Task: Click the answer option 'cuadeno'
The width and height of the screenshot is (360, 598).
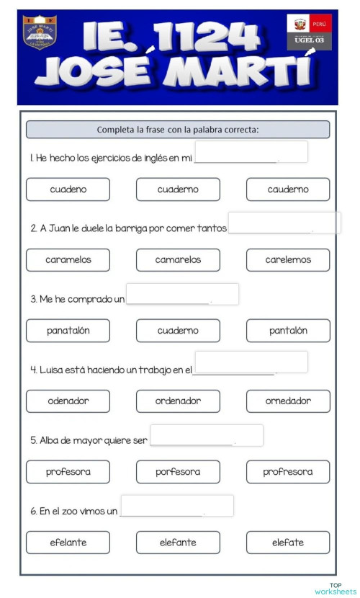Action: [x=68, y=189]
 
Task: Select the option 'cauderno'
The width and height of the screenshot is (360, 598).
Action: [x=288, y=189]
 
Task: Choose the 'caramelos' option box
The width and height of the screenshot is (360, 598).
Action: [x=68, y=260]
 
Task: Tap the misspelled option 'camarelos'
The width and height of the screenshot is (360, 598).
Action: [x=178, y=260]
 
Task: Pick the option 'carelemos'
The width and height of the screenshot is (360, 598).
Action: [x=288, y=260]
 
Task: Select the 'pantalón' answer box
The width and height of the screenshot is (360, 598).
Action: [x=288, y=331]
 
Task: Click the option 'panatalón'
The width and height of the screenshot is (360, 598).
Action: [x=68, y=331]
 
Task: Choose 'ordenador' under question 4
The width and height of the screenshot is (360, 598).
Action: [x=178, y=401]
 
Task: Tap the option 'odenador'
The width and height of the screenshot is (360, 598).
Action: [x=68, y=401]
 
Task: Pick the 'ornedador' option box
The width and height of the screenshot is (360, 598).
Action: [x=288, y=401]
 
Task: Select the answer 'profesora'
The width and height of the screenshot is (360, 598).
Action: [x=68, y=472]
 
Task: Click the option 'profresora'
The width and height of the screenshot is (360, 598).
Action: [x=288, y=472]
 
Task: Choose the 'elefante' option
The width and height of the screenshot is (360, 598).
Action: [x=178, y=543]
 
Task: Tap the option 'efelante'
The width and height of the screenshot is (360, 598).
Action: [x=68, y=543]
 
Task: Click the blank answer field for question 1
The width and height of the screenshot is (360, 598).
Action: [x=251, y=152]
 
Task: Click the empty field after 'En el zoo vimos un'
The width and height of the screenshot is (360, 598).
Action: [x=177, y=506]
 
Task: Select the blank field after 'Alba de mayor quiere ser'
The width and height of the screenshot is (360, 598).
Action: [x=207, y=435]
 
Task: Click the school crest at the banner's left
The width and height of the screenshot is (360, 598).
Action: [x=40, y=35]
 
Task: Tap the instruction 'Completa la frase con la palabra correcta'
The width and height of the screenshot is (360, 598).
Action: [x=178, y=130]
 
